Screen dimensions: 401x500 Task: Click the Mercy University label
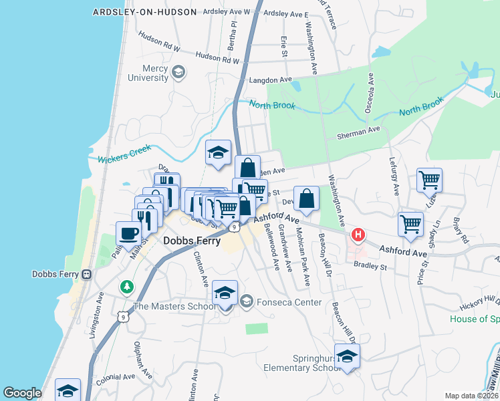coord(147,72)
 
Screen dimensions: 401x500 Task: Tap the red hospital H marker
coord(359,235)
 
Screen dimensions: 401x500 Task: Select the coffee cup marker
coord(128,233)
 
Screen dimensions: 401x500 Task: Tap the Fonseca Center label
coord(280,302)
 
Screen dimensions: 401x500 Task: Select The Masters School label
coord(174,307)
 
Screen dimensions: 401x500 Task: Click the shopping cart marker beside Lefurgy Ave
coord(428,179)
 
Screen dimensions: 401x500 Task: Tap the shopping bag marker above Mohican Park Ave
coord(305,198)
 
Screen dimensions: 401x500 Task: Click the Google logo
coord(22,393)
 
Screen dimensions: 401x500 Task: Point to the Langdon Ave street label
coord(271,80)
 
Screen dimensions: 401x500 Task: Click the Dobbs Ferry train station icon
coord(86,274)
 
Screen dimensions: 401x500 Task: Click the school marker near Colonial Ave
coord(68,390)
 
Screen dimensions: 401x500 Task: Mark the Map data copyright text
coord(472,395)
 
